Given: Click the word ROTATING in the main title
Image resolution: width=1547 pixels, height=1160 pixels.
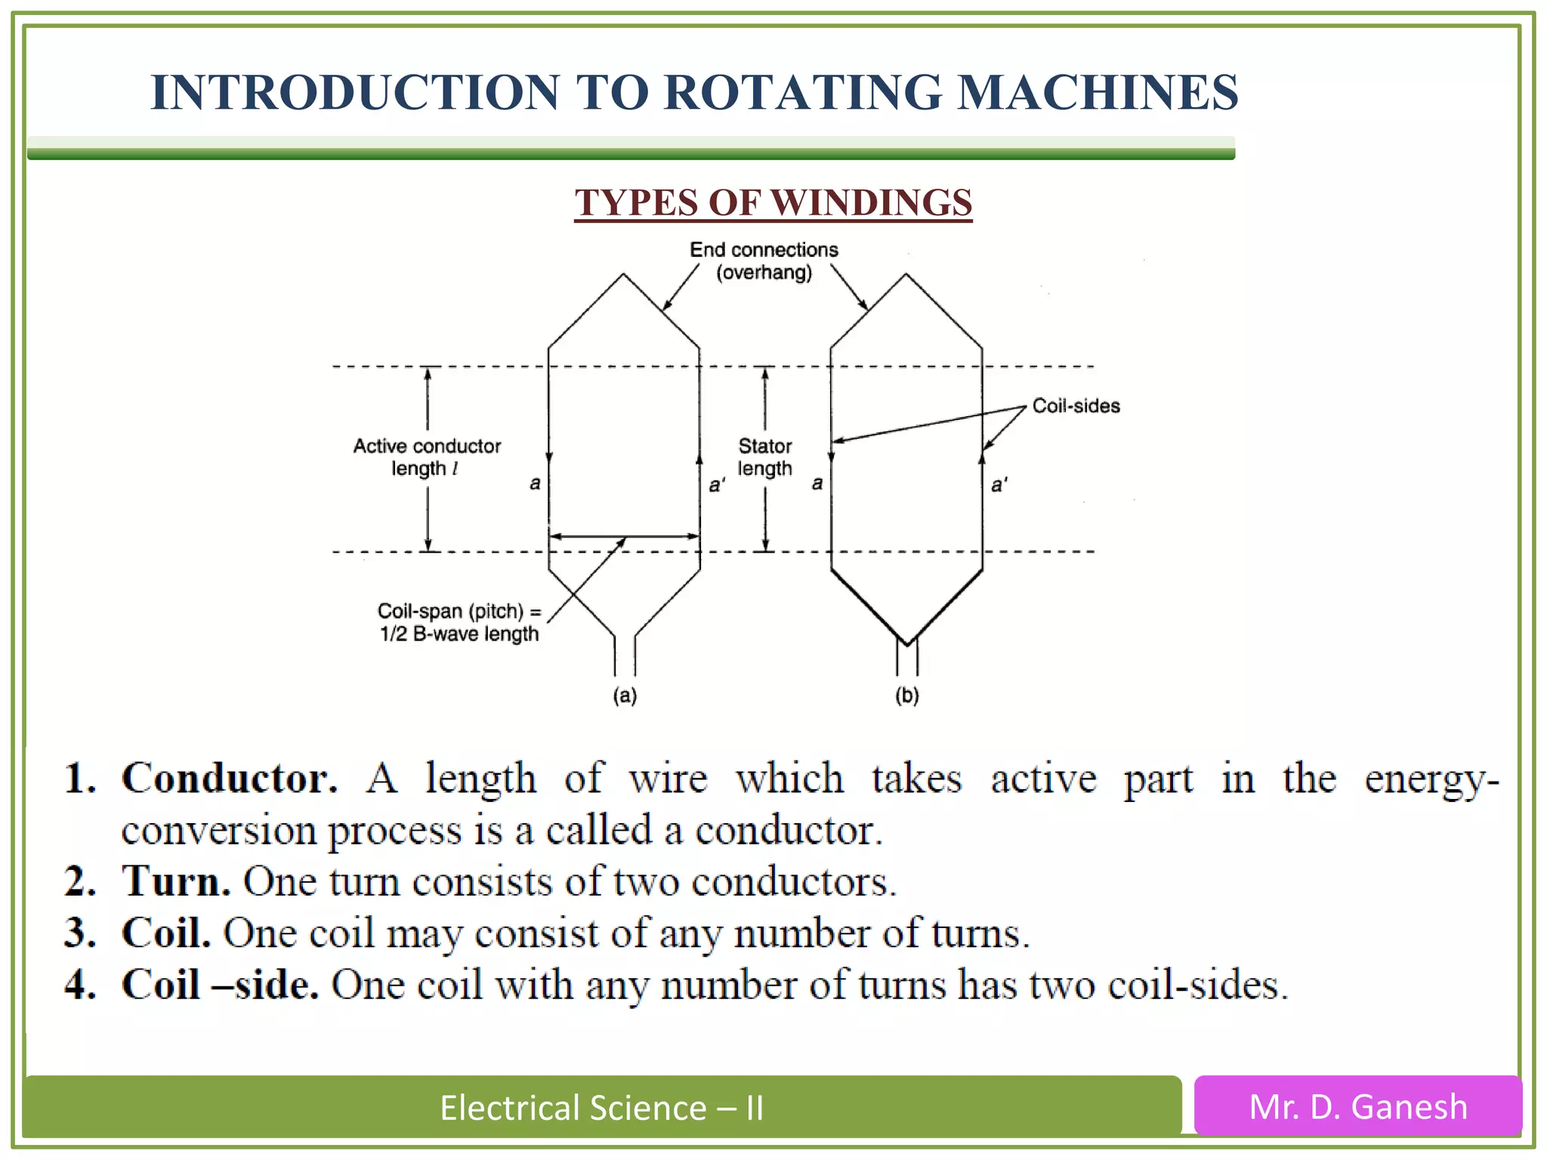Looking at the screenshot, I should coord(802,92).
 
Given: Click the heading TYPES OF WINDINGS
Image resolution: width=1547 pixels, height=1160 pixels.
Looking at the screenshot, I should coord(773,202).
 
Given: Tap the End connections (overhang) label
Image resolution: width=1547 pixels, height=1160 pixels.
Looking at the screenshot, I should coord(764,261).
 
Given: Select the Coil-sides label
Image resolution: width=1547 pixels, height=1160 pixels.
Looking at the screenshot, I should coord(1075,406).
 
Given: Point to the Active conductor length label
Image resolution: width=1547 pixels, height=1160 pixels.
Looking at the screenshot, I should coord(427,457).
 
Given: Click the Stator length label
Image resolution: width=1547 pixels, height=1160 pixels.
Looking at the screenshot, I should coord(764,457).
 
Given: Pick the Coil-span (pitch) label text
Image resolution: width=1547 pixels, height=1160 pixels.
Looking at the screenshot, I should coord(459,622).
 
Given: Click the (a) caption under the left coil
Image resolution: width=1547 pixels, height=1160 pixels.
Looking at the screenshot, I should coord(625,695).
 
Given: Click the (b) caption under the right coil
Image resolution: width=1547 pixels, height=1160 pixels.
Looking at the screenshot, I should coord(906,695).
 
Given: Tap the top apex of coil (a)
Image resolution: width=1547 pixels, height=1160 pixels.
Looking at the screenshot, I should coord(623,276).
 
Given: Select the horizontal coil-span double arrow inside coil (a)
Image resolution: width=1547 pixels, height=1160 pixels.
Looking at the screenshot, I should coord(624,536).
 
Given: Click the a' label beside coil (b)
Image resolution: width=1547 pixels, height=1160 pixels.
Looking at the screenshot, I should coord(999,485).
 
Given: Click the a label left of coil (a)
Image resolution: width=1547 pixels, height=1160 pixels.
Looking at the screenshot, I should coord(535,483).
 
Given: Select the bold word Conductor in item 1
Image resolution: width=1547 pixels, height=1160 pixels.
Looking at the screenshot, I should coord(229,778).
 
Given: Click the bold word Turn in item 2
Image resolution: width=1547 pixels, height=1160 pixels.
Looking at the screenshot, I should coord(176,881).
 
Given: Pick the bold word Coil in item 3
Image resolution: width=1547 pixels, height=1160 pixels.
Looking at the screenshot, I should coord(165,933).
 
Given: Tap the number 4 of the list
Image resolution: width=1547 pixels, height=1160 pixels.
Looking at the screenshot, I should coord(79,985).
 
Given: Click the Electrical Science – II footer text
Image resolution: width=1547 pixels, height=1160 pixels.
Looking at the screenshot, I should coord(601,1108).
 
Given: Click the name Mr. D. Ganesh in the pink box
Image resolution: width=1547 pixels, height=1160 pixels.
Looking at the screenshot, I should coord(1357,1107).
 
